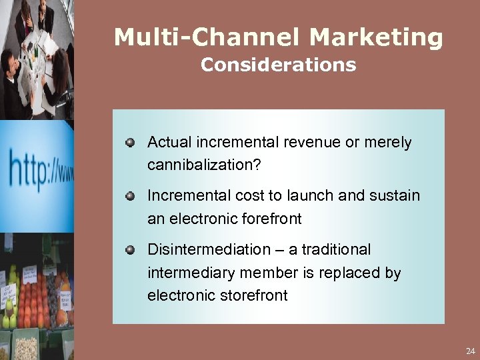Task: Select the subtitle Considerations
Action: (x=278, y=65)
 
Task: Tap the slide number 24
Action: (x=471, y=350)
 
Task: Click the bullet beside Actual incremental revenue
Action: (x=131, y=142)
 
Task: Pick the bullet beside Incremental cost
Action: (x=131, y=195)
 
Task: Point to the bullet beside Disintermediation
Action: (x=131, y=249)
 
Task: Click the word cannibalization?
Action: (x=204, y=165)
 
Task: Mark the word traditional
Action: (x=338, y=249)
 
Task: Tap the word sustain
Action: (x=395, y=195)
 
